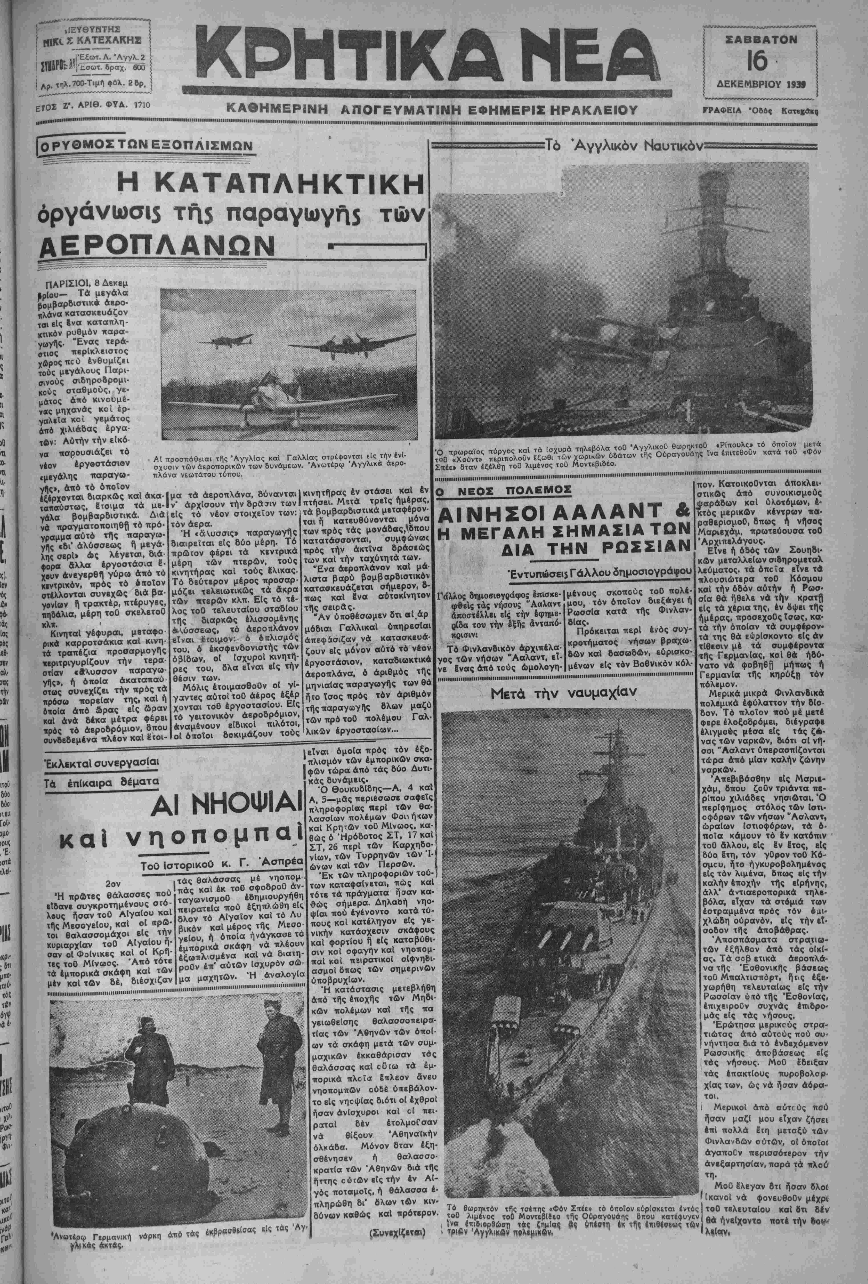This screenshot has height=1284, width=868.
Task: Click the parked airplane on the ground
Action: pyautogui.click(x=260, y=397)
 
